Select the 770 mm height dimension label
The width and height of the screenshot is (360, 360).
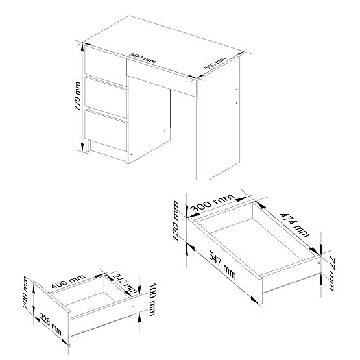click(x=78, y=98)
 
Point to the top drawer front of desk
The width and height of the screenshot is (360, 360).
click(x=105, y=66)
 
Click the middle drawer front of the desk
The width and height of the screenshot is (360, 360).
click(x=105, y=95)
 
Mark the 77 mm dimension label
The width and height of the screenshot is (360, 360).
click(x=331, y=272)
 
